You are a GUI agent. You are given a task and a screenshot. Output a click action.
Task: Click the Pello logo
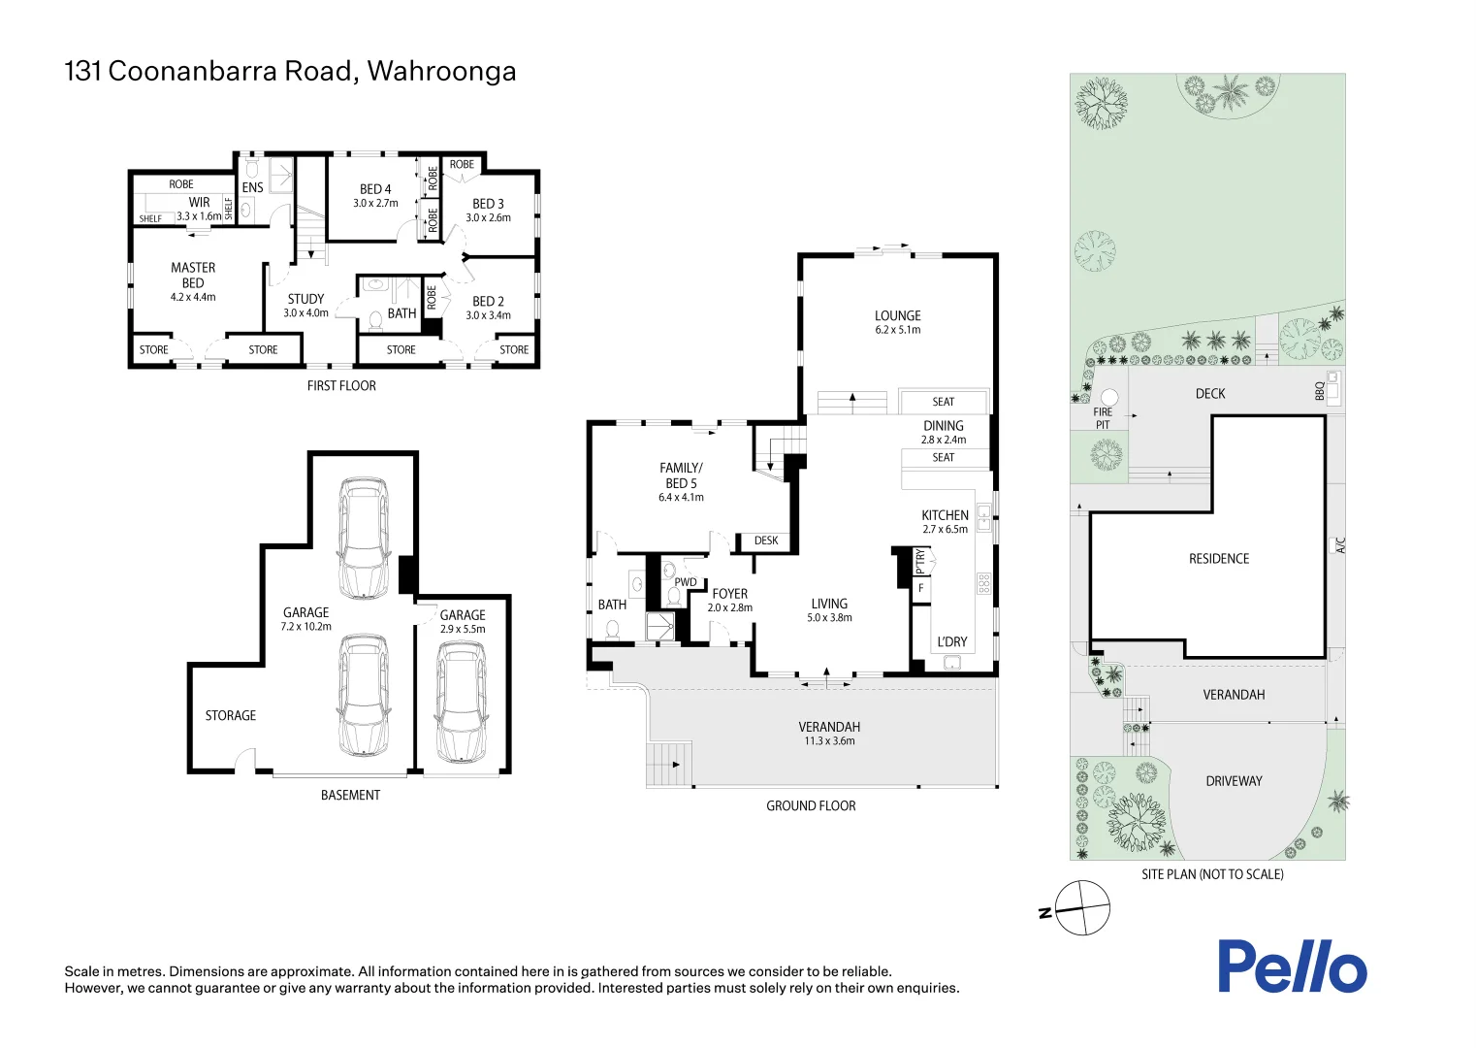(x=1292, y=966)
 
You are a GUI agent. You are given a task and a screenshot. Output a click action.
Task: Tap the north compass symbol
(x=1081, y=908)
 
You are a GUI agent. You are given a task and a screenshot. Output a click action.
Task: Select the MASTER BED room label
(x=193, y=275)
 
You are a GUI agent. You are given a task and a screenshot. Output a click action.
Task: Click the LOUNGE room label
(x=897, y=315)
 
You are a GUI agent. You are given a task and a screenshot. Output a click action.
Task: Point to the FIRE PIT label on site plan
(x=1103, y=418)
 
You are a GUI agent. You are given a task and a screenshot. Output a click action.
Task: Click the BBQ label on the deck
(x=1320, y=391)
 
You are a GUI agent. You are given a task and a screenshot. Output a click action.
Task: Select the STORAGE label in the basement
(x=231, y=715)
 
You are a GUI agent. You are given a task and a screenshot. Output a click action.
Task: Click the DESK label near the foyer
(x=766, y=540)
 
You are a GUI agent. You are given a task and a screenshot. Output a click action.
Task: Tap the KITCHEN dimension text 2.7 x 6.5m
(x=945, y=530)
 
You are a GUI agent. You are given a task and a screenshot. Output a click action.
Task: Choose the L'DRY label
(x=951, y=641)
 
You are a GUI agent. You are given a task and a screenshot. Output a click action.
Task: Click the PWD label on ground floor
(x=686, y=582)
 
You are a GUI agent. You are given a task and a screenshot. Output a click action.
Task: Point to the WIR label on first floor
(x=199, y=203)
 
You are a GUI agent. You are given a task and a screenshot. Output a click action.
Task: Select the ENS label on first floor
(x=252, y=187)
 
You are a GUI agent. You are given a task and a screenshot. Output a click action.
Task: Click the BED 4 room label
(x=375, y=189)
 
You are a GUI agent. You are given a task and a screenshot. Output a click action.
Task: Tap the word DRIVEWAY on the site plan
(x=1234, y=781)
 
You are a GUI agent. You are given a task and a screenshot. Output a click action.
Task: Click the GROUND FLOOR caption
(x=811, y=805)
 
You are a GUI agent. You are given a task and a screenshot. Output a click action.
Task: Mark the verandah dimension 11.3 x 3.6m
(x=829, y=741)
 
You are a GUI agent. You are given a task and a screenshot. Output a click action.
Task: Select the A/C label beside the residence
(x=1341, y=545)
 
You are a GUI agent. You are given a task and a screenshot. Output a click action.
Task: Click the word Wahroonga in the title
(x=441, y=72)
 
